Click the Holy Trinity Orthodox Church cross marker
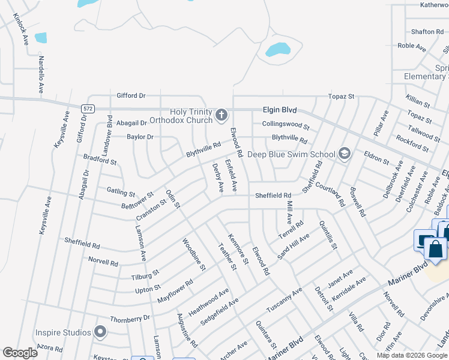click(221, 114)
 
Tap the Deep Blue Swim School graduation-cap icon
click(344, 154)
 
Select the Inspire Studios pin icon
click(100, 332)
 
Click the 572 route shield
click(88, 107)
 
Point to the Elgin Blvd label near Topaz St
click(280, 110)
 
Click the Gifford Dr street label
click(131, 95)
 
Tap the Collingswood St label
click(285, 125)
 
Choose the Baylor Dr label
click(140, 137)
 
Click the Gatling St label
click(121, 192)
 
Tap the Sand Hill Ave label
click(293, 247)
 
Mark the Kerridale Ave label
click(349, 289)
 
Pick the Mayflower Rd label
click(175, 290)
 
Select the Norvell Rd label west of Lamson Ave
click(103, 262)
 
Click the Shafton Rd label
click(427, 32)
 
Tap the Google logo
click(20, 353)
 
